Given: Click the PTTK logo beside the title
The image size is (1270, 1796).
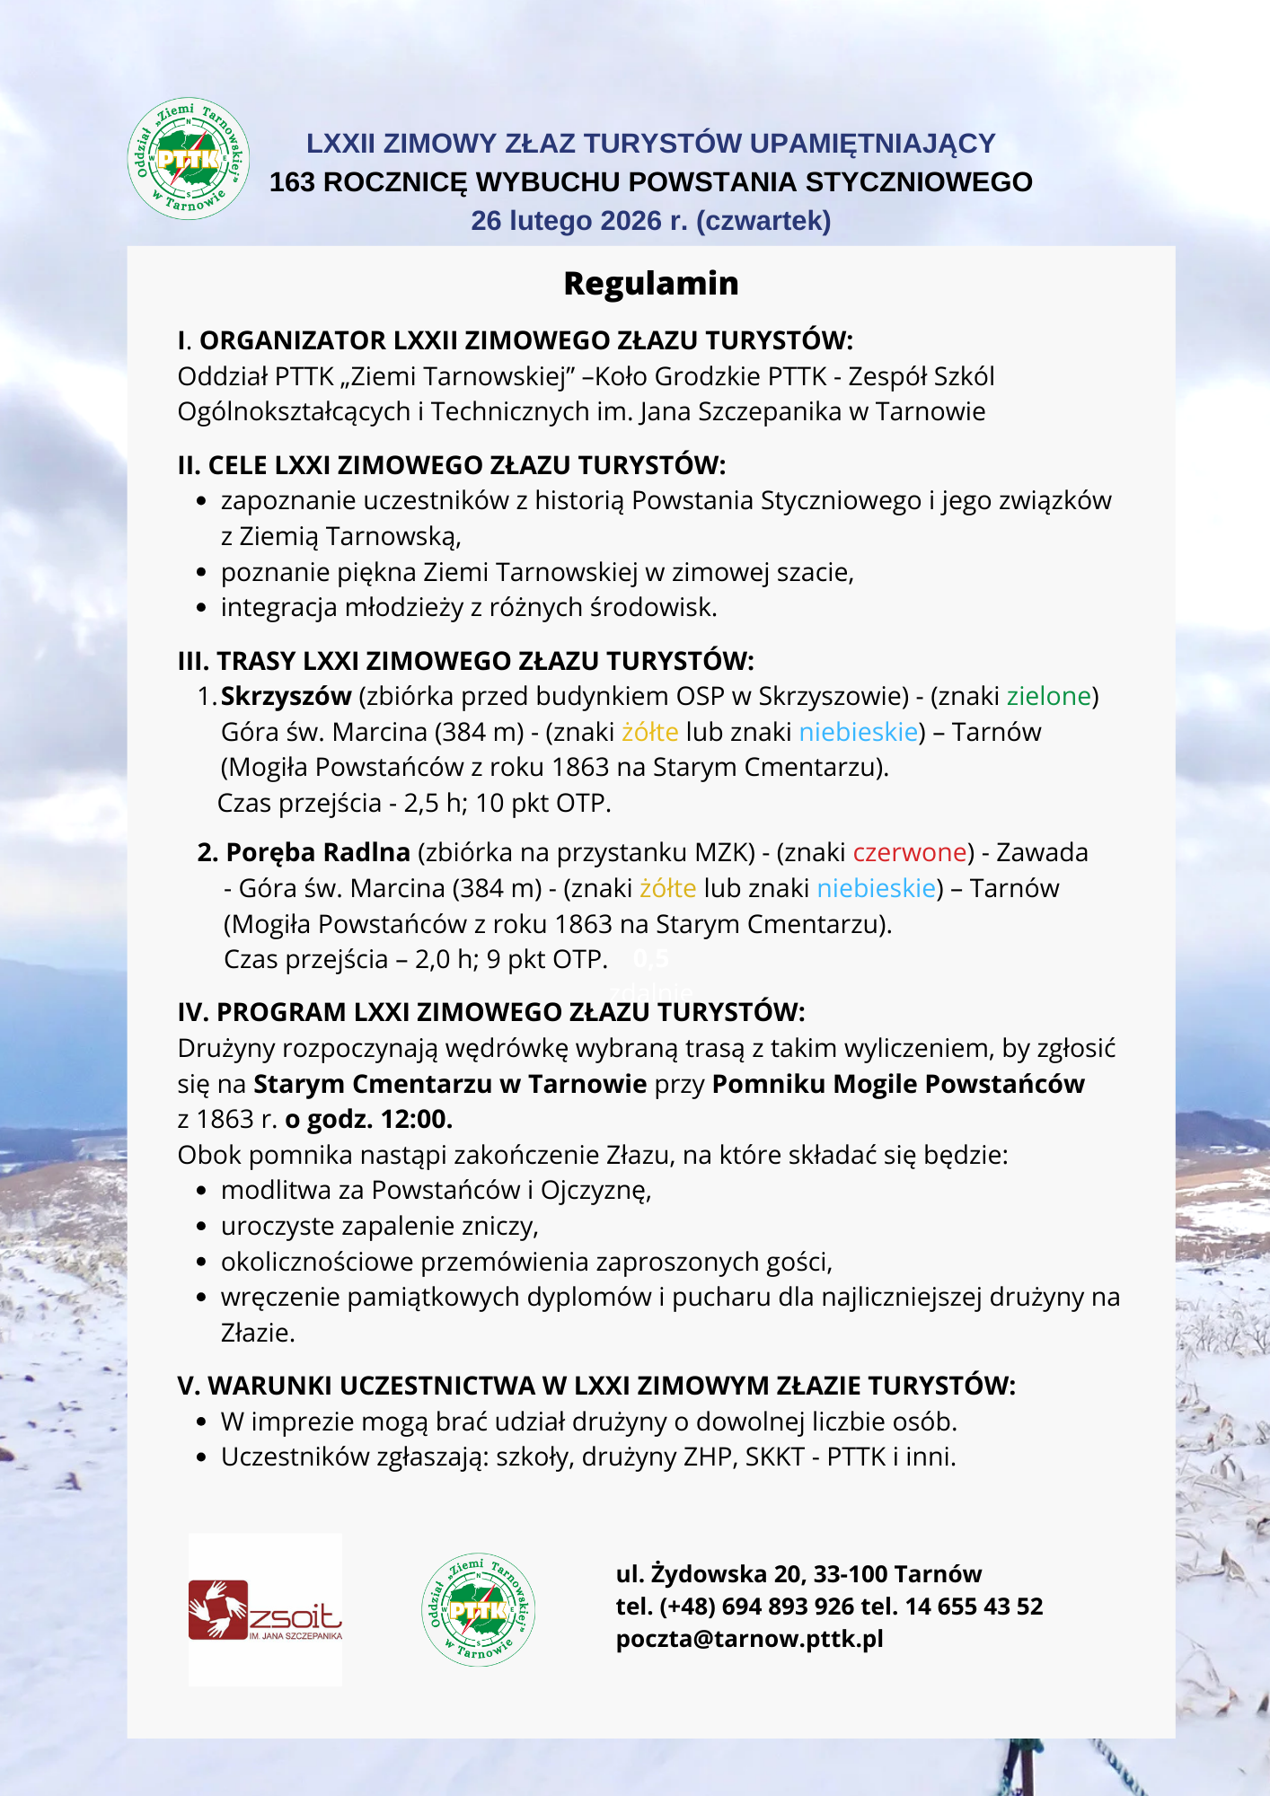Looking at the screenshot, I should pos(189,159).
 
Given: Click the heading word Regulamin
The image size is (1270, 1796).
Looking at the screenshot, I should pos(651,283).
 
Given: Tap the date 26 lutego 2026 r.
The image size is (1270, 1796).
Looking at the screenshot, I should pos(579,221).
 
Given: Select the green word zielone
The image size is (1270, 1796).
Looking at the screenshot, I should pos(1048,696).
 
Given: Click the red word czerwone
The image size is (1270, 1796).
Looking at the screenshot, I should pos(910,852).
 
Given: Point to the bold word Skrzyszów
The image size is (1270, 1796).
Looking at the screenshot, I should pos(286,696).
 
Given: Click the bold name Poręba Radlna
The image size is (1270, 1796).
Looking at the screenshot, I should pos(318,852).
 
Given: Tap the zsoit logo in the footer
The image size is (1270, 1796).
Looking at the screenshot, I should pos(265,1610).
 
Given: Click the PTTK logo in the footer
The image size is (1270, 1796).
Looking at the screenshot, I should pos(479,1610).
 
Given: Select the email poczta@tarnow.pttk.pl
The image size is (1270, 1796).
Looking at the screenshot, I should pos(750,1639).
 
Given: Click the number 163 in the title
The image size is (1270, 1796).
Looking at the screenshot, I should pos(292,182).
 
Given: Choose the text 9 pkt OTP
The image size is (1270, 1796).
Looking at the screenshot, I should pos(546,959).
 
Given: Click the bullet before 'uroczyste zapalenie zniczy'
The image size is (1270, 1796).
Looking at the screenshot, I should pos(202,1227).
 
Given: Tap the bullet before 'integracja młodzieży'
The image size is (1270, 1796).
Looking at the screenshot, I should pos(202,608).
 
